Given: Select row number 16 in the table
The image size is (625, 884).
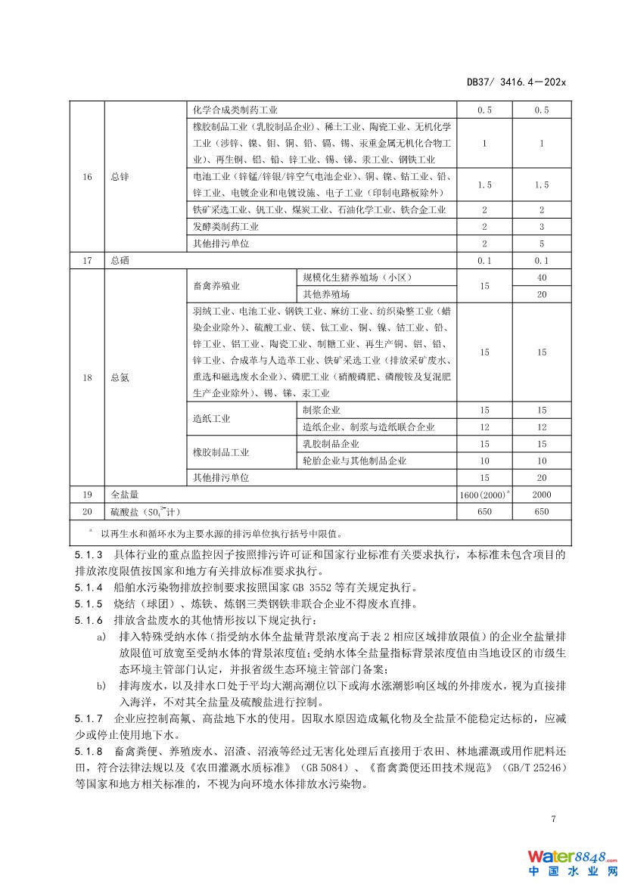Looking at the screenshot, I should [x=88, y=176].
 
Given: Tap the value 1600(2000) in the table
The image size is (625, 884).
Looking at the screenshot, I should [x=483, y=495].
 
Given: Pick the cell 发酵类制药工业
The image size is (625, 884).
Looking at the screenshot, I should [x=225, y=227].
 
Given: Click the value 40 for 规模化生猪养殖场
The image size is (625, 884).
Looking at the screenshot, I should [x=542, y=278].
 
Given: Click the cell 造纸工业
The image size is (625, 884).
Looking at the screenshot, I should [x=212, y=418].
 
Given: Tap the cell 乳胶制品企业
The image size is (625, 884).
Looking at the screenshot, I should [x=331, y=444].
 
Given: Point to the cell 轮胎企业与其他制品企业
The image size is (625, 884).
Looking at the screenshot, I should [x=354, y=461].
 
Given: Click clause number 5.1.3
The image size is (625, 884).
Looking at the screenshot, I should [x=89, y=554].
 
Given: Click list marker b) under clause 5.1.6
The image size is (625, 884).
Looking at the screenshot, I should [x=101, y=685].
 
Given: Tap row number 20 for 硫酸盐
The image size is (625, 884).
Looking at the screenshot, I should [x=88, y=511].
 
